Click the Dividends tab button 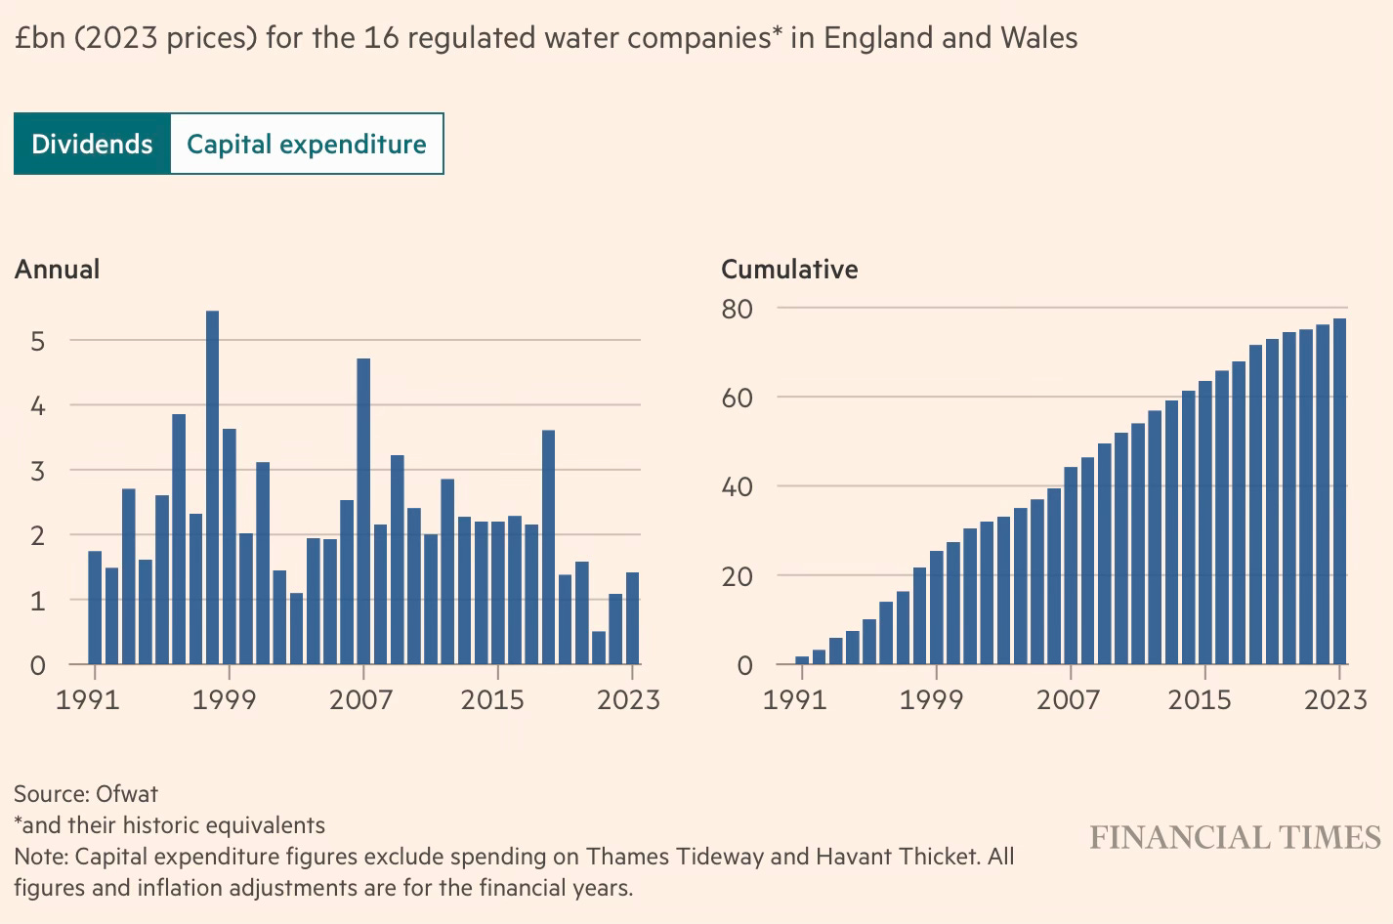click(92, 144)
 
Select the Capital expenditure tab click(307, 144)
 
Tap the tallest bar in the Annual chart click(212, 488)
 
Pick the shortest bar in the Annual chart click(599, 648)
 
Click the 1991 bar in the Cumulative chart click(802, 660)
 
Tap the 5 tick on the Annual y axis click(38, 341)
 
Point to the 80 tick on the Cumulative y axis click(738, 309)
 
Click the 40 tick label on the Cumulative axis click(738, 486)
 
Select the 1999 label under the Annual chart click(224, 699)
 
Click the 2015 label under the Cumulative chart click(1201, 699)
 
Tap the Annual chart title click(57, 270)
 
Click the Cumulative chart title click(789, 270)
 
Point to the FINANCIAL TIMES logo click(1235, 838)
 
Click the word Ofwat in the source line click(127, 793)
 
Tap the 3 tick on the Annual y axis click(38, 471)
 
